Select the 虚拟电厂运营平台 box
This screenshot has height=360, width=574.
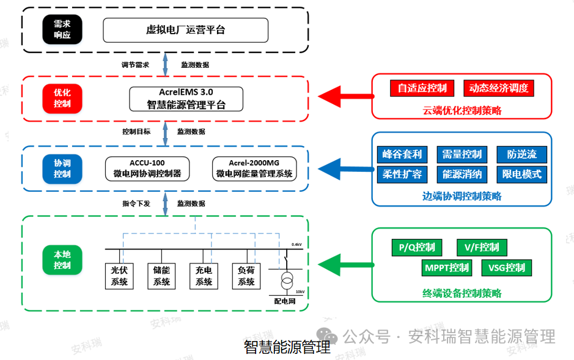185,30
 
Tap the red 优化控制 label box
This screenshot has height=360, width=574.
62,98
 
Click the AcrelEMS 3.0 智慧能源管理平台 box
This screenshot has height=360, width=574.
186,98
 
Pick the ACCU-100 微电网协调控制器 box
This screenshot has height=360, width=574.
147,169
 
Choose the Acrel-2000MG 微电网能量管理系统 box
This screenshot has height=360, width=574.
254,169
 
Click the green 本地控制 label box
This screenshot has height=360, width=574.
62,260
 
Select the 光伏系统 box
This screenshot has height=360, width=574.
119,276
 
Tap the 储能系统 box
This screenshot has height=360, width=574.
161,276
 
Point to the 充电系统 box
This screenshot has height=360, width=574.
204,276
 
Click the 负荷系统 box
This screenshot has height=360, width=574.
246,276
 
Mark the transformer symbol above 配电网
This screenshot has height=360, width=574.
285,282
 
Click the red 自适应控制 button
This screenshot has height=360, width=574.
422,88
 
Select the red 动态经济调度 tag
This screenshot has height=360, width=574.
498,88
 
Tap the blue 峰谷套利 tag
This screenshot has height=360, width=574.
402,154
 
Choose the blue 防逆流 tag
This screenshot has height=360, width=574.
521,154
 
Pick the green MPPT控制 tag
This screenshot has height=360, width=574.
447,268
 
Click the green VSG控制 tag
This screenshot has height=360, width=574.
507,268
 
